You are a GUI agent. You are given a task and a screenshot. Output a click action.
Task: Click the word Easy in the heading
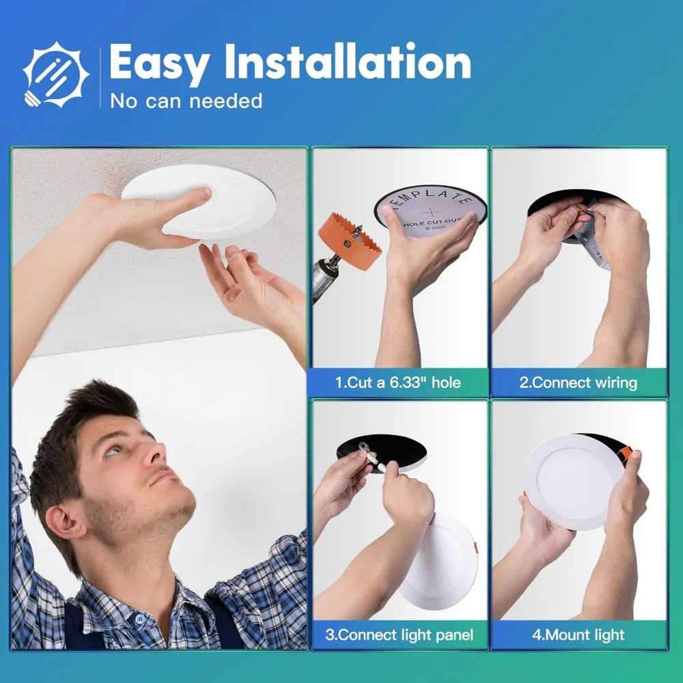159,63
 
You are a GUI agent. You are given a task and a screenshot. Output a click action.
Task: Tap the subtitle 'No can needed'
186,101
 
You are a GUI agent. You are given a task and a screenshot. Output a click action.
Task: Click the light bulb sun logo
56,74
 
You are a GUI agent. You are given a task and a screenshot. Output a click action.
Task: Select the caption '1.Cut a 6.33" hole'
398,382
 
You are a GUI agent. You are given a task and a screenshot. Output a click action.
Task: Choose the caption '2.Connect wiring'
578,382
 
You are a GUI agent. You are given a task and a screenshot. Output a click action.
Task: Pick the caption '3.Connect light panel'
399,635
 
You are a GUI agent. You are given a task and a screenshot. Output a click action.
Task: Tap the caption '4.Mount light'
578,635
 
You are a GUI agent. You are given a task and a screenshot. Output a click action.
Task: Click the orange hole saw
348,238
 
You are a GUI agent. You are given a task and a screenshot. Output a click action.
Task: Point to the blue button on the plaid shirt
139,619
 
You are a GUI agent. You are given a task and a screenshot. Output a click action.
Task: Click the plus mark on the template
431,213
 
